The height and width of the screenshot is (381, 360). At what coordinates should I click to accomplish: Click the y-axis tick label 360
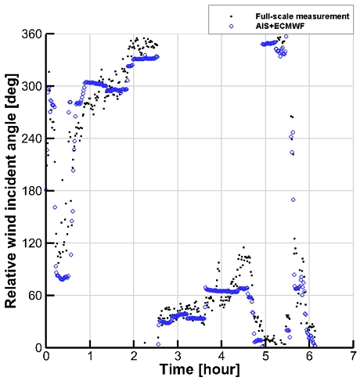(33, 34)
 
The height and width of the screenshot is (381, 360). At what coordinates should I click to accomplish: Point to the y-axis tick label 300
(33, 86)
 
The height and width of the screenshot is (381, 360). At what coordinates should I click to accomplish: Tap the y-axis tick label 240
(33, 138)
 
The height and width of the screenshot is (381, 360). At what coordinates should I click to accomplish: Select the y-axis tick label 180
(33, 191)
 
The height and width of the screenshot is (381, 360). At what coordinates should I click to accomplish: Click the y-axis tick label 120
(33, 243)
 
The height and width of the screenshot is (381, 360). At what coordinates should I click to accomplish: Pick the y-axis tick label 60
(35, 295)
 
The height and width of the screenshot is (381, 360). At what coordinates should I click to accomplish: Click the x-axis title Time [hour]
(199, 369)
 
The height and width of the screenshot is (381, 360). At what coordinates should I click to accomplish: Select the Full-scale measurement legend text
(293, 14)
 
